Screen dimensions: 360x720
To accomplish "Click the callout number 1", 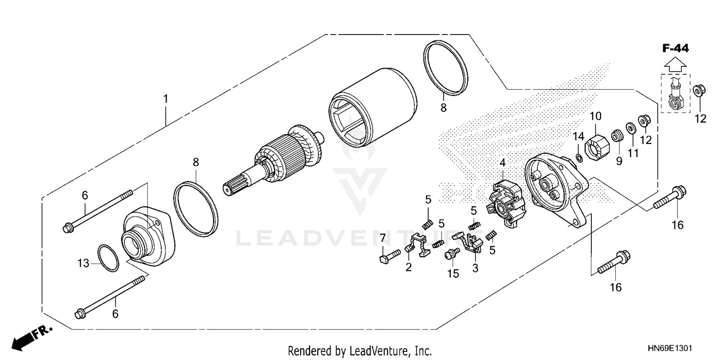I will [x=166, y=99].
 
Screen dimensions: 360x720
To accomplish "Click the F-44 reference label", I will [x=675, y=48].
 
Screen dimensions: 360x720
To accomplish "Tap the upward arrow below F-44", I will [x=675, y=63].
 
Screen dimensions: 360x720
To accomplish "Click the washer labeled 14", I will [x=579, y=157].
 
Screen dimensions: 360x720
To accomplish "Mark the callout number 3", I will [x=475, y=269].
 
